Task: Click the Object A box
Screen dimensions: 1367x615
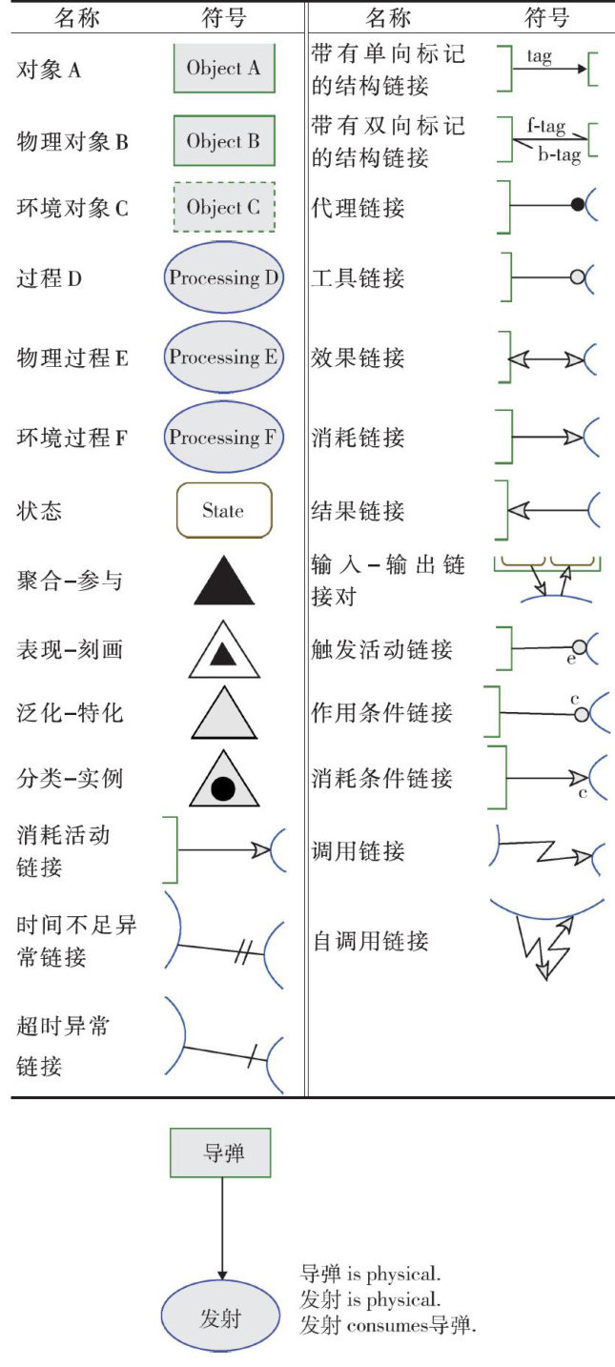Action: [x=224, y=68]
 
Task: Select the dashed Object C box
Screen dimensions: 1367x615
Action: [x=224, y=207]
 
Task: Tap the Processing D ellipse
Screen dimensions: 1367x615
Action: [x=224, y=278]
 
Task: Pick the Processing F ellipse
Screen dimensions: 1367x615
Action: [x=224, y=438]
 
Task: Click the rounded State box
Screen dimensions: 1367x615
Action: [x=224, y=510]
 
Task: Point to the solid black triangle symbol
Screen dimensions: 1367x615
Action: [x=224, y=582]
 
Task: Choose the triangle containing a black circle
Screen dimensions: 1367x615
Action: [x=224, y=784]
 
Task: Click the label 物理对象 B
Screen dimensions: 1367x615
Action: [x=72, y=142]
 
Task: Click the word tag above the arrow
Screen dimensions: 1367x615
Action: [x=539, y=56]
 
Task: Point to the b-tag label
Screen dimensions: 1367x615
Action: [x=559, y=155]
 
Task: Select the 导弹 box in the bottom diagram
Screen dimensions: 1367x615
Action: [x=222, y=1153]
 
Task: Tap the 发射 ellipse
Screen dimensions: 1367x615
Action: [x=221, y=1318]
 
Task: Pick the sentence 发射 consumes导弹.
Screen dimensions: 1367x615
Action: [x=387, y=1325]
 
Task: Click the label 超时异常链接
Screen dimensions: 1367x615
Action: [x=52, y=1046]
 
